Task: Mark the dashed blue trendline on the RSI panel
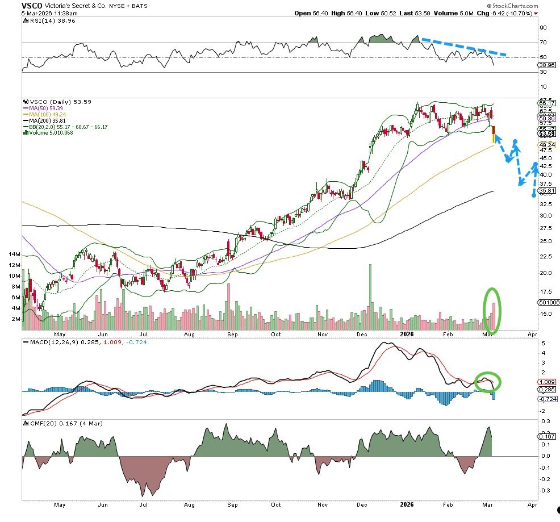[x=463, y=48]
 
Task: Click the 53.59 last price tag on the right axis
[x=546, y=135]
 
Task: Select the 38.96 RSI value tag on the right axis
[x=546, y=65]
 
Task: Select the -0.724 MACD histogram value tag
[x=546, y=399]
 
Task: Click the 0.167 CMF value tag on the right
[x=546, y=436]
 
